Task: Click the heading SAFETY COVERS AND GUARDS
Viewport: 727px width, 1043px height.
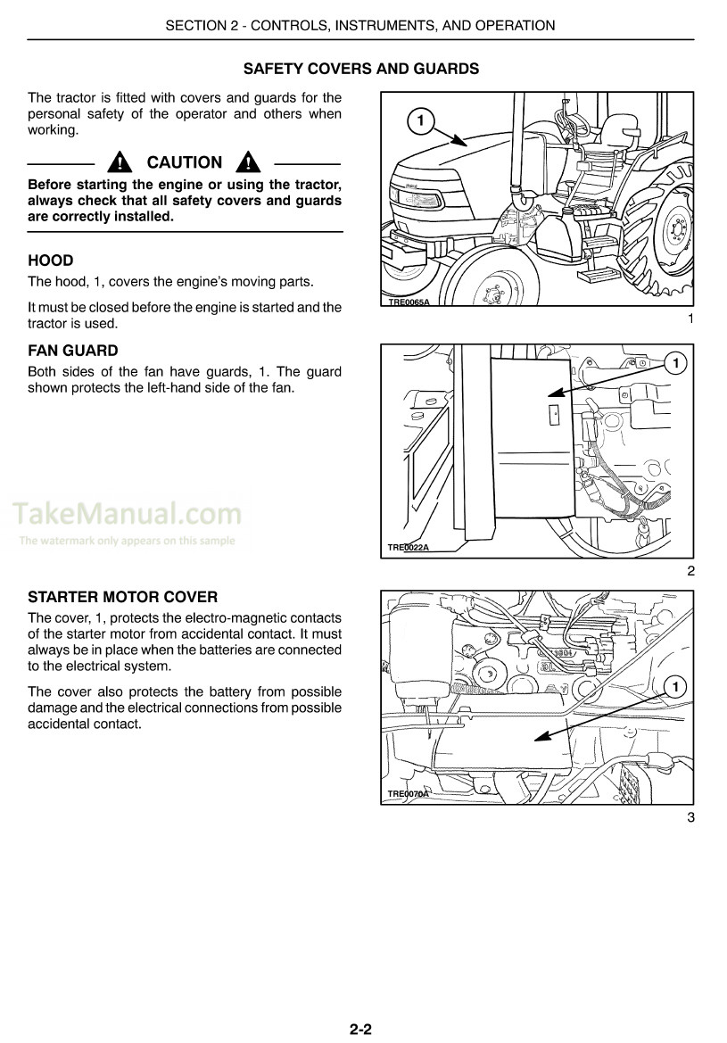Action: [x=360, y=69]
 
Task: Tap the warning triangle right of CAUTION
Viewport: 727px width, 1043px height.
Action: [x=248, y=162]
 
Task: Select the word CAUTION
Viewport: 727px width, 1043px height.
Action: [x=184, y=162]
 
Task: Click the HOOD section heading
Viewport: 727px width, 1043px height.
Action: [x=51, y=261]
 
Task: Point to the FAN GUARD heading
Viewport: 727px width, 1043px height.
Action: [x=73, y=352]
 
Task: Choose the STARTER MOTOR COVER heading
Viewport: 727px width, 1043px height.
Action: [x=123, y=597]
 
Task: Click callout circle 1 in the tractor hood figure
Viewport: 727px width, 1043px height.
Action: [x=420, y=120]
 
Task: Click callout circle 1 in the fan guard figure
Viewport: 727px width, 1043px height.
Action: [x=675, y=362]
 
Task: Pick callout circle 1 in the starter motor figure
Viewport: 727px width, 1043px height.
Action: [x=675, y=686]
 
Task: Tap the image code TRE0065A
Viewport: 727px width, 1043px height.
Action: [x=409, y=302]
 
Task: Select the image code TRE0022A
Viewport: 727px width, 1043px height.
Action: [x=409, y=547]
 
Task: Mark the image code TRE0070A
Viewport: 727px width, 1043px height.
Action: [x=409, y=794]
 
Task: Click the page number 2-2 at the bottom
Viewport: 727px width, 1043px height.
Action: [x=360, y=1029]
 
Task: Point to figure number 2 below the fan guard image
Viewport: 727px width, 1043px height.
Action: [x=690, y=572]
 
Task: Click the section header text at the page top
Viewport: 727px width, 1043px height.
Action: [x=360, y=26]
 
